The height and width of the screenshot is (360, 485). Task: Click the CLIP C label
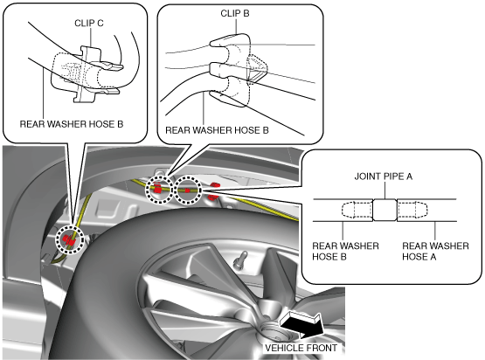[89, 24]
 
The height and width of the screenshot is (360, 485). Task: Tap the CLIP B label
[235, 13]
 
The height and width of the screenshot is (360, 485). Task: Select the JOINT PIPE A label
[384, 177]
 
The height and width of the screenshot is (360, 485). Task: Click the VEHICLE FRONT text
[301, 348]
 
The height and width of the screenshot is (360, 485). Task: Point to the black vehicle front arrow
[301, 326]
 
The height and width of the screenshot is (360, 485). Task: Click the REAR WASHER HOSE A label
[435, 251]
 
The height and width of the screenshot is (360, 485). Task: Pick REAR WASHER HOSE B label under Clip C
[72, 124]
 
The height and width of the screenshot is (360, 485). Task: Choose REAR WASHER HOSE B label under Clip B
[217, 130]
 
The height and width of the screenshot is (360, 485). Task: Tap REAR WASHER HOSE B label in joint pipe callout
[345, 251]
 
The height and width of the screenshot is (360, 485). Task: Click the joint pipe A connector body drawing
[385, 210]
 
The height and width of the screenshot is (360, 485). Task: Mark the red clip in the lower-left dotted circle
[68, 239]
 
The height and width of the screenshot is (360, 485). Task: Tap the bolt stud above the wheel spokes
[240, 260]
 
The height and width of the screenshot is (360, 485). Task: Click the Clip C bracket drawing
[85, 74]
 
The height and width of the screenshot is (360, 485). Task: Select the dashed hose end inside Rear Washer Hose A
[412, 210]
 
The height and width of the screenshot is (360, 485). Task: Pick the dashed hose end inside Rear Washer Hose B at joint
[357, 210]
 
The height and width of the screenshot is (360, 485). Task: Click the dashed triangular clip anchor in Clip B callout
[257, 69]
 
